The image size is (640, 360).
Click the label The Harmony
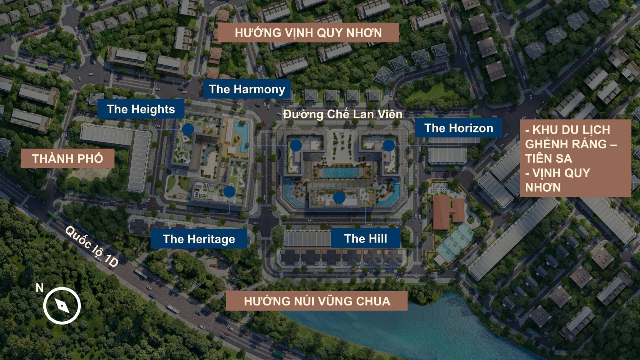coord(247,89)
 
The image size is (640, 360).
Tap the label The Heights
coord(141,109)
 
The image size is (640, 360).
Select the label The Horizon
coord(458,128)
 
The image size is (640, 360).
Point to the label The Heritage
coord(199,239)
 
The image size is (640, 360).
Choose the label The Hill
coord(365,239)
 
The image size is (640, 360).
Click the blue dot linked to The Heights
coord(188,129)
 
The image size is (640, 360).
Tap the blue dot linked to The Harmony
coord(296,145)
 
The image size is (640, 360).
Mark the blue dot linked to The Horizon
coord(389,145)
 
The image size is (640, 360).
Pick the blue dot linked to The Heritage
coord(229,191)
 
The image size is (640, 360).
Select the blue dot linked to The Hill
coord(339,197)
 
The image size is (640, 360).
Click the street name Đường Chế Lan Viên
coord(342,114)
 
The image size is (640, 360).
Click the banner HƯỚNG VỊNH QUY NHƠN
coord(308,33)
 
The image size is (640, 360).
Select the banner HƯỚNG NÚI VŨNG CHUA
coord(317,301)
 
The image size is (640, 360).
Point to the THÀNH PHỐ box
coord(67,158)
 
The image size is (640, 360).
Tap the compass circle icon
coord(62,306)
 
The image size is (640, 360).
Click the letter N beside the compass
coord(40,288)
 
